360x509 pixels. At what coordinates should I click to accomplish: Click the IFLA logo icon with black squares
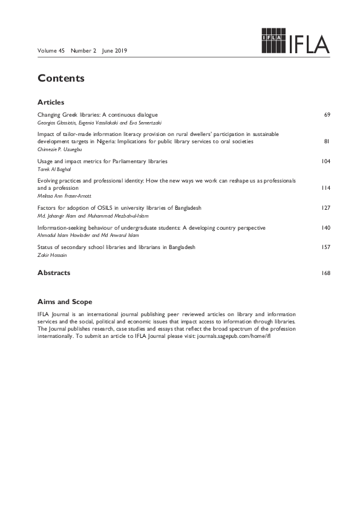click(272, 41)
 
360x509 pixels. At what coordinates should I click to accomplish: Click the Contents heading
click(61, 79)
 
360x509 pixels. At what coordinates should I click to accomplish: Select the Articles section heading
click(51, 102)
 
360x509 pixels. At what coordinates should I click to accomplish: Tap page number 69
click(327, 114)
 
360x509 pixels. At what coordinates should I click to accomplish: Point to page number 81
click(327, 141)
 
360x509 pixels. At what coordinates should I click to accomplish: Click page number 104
click(326, 162)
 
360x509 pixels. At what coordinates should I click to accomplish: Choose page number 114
click(326, 189)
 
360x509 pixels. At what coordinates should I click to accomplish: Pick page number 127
click(326, 208)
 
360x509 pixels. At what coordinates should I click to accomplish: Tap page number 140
click(326, 228)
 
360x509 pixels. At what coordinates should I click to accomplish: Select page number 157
click(326, 248)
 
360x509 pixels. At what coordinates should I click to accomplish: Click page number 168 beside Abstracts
click(326, 273)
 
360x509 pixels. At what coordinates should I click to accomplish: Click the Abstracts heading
click(54, 273)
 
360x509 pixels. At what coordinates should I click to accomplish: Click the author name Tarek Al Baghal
click(54, 169)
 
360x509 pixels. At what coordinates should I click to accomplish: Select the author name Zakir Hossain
click(53, 255)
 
